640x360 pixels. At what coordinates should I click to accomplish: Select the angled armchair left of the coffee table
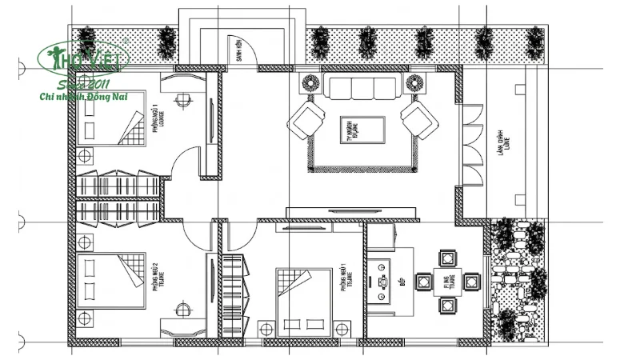(307, 120)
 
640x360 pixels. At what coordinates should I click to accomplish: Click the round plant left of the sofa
(309, 82)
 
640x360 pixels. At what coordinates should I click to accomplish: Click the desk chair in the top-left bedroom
(182, 100)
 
